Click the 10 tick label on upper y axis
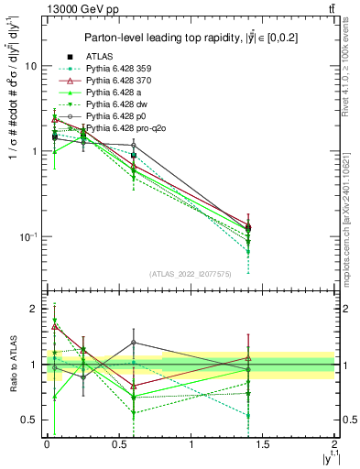(x=30, y=66)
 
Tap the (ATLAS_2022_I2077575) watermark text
(x=189, y=274)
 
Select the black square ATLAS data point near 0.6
(x=134, y=156)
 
